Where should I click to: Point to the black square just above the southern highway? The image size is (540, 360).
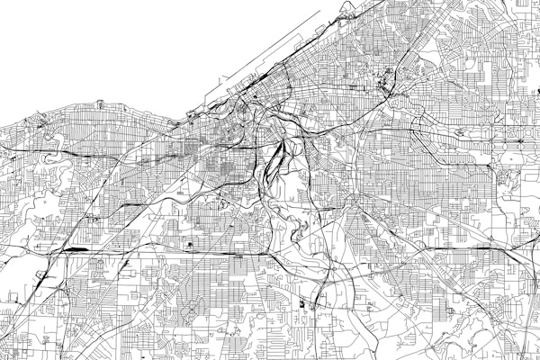tap(191, 245)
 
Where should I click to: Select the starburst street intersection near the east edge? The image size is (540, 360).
tap(520, 142)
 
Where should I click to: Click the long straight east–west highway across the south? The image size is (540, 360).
tap(180, 253)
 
